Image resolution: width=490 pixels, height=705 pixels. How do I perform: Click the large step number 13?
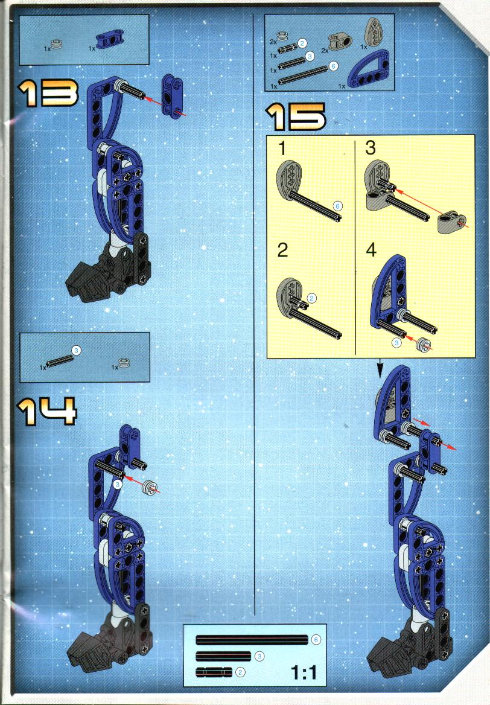[48, 93]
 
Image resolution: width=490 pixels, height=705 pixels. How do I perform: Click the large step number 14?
[47, 411]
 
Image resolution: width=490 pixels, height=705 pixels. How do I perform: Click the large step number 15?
[296, 117]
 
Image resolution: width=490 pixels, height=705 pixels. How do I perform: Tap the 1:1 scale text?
[304, 672]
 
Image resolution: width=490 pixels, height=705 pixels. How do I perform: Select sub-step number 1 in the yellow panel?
[282, 148]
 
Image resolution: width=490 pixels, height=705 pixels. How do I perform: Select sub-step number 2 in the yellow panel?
[282, 250]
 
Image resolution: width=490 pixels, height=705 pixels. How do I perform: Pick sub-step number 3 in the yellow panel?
[371, 147]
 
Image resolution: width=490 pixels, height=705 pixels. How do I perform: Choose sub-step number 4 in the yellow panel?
[371, 250]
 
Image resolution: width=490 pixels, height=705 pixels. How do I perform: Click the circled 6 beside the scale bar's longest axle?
[316, 640]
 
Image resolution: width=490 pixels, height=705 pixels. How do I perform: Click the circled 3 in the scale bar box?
[259, 657]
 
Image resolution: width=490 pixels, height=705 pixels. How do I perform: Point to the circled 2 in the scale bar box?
[241, 672]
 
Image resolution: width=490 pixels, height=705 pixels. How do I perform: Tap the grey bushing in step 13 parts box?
[57, 44]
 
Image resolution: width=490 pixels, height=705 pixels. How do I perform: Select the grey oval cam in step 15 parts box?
[373, 31]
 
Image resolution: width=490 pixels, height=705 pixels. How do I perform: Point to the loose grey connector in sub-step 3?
[451, 223]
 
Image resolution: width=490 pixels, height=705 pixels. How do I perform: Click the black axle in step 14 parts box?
[60, 361]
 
